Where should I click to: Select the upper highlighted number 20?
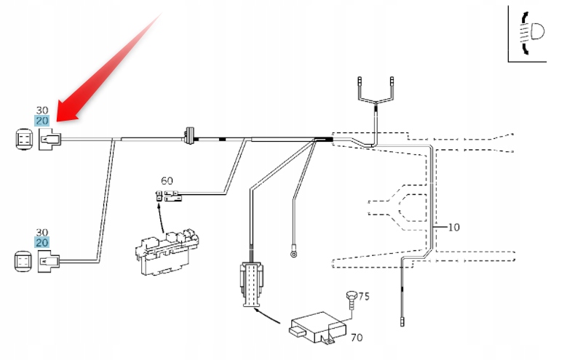(x=41, y=120)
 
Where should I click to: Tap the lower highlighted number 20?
(x=41, y=242)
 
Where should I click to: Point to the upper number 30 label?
(x=41, y=111)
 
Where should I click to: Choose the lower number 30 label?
(x=41, y=232)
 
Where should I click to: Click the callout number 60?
(x=167, y=180)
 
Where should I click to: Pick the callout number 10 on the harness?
(x=453, y=227)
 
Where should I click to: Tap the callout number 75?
(x=364, y=296)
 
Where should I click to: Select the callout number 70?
(x=356, y=337)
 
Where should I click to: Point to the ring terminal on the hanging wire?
(x=293, y=254)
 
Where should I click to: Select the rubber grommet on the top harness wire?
(x=190, y=135)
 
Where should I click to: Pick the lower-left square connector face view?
(x=23, y=260)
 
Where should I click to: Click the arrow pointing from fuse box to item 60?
(x=159, y=211)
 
